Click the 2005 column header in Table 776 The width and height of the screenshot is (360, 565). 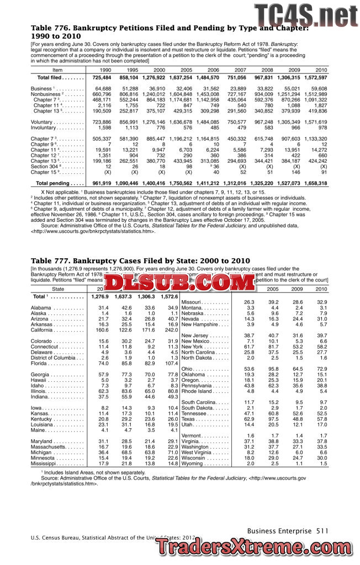click(x=186, y=70)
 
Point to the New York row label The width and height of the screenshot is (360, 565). click(x=194, y=347)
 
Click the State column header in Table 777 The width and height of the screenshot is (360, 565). click(x=58, y=289)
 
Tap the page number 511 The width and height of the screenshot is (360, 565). click(x=322, y=531)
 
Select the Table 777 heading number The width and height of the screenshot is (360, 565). click(x=47, y=260)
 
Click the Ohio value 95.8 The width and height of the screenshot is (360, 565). click(x=273, y=369)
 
